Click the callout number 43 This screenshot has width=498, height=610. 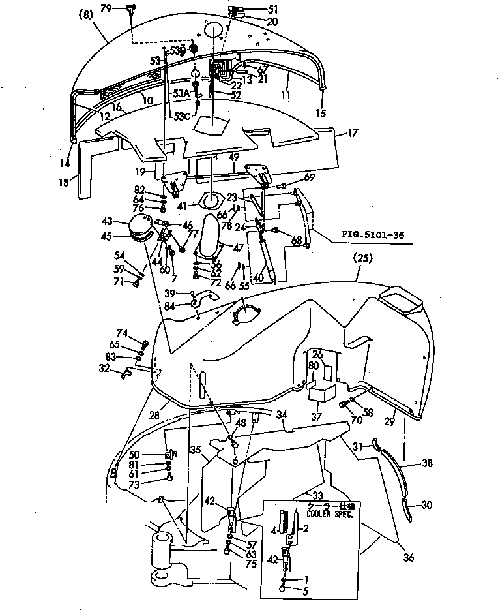coord(107,221)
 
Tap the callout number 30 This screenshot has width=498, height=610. coord(427,504)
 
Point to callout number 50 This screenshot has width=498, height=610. coord(134,454)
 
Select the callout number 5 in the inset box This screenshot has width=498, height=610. coord(306,590)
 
